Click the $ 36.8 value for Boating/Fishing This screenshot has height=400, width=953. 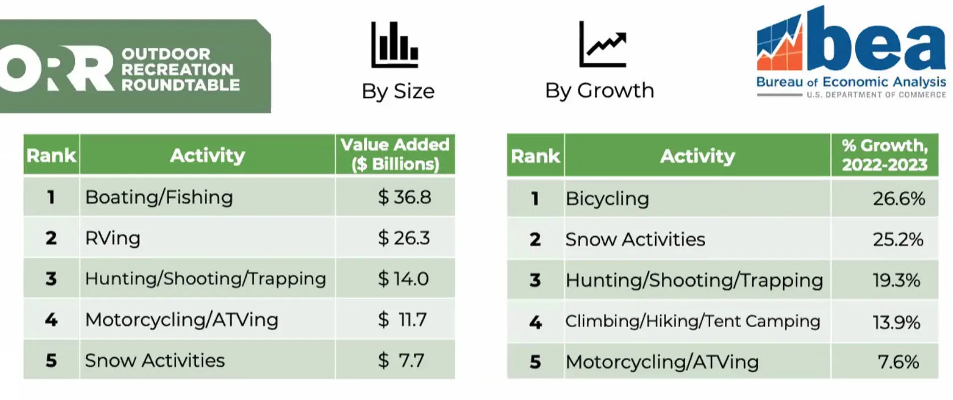click(x=404, y=197)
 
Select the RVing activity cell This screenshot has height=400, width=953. click(x=113, y=238)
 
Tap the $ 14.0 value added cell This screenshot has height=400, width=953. click(x=403, y=279)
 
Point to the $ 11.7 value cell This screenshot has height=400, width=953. click(x=403, y=319)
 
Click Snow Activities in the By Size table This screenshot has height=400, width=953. click(x=155, y=360)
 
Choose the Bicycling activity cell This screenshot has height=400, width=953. click(x=607, y=199)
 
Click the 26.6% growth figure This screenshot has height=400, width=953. click(x=898, y=199)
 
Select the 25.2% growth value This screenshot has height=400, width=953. click(x=898, y=239)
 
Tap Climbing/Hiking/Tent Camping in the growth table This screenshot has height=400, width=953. click(x=693, y=321)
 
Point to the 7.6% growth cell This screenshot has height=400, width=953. click(x=898, y=362)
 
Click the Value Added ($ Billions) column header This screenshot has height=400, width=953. click(x=395, y=154)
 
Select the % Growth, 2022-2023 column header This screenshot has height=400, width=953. click(x=884, y=155)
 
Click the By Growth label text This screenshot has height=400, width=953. click(x=599, y=90)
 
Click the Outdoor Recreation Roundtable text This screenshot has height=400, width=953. click(x=180, y=69)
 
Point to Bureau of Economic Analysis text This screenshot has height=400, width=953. click(x=851, y=82)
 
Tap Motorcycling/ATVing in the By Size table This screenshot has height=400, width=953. click(x=181, y=320)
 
